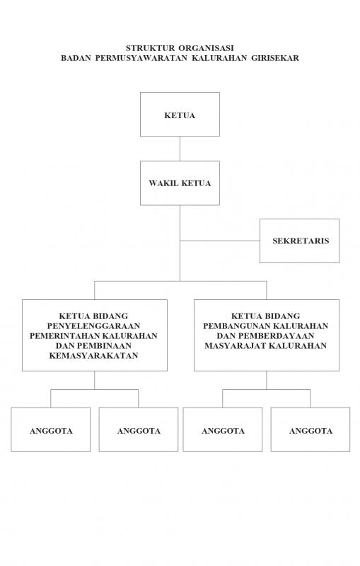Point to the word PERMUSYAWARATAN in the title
pyautogui.click(x=141, y=58)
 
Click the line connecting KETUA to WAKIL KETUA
pyautogui.click(x=180, y=149)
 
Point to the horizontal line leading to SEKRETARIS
pyautogui.click(x=220, y=241)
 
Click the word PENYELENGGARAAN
pyautogui.click(x=94, y=326)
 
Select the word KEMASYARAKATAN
pyautogui.click(x=94, y=356)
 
